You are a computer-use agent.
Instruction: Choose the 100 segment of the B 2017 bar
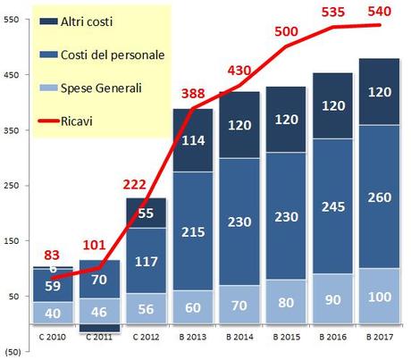pyautogui.click(x=380, y=296)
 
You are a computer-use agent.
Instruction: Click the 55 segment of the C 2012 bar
pyautogui.click(x=147, y=213)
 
